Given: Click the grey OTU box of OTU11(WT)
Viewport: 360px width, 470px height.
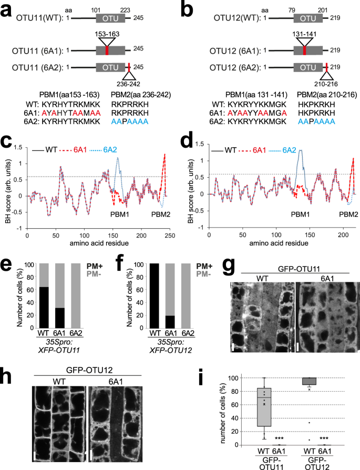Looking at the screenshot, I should coord(110,18).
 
